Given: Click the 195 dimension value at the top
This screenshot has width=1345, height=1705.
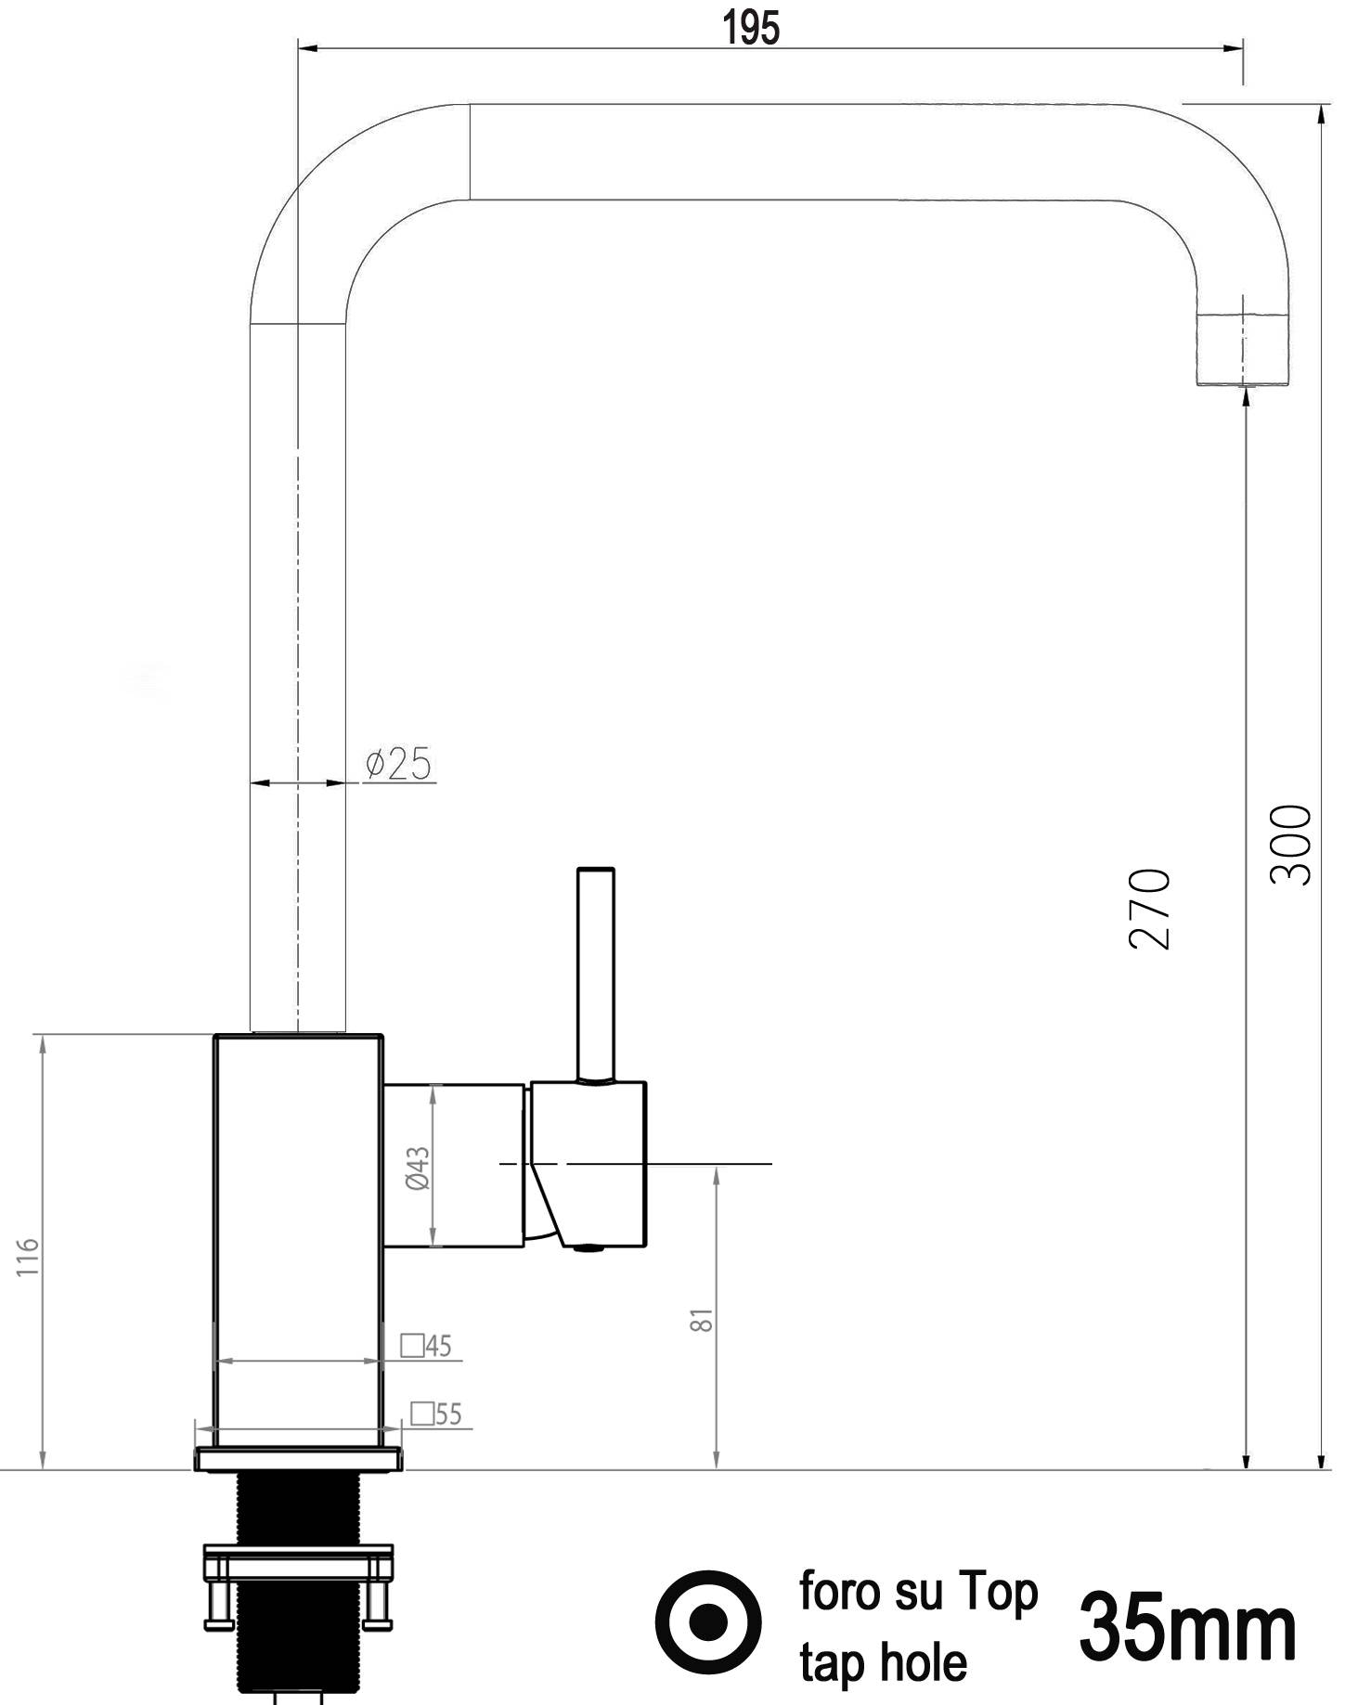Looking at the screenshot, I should pyautogui.click(x=751, y=29).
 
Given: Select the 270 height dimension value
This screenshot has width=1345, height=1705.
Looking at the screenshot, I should pyautogui.click(x=1149, y=909).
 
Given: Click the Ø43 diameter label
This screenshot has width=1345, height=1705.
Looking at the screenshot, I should pyautogui.click(x=419, y=1169).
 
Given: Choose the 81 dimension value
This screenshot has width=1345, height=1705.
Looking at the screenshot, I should pyautogui.click(x=703, y=1320).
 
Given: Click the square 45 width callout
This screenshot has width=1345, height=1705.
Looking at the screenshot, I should pyautogui.click(x=427, y=1346).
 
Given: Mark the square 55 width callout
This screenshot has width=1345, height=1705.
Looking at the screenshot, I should pyautogui.click(x=436, y=1414).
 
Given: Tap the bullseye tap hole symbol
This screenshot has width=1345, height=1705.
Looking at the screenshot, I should pyautogui.click(x=709, y=1621).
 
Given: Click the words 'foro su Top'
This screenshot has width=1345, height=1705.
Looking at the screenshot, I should pyautogui.click(x=918, y=1592).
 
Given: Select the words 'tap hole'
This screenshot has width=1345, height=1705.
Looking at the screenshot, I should pyautogui.click(x=883, y=1661).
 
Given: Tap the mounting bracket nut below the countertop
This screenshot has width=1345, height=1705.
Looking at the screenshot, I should pyautogui.click(x=298, y=1569).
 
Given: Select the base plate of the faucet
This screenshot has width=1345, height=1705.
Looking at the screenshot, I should pyautogui.click(x=298, y=1460).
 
